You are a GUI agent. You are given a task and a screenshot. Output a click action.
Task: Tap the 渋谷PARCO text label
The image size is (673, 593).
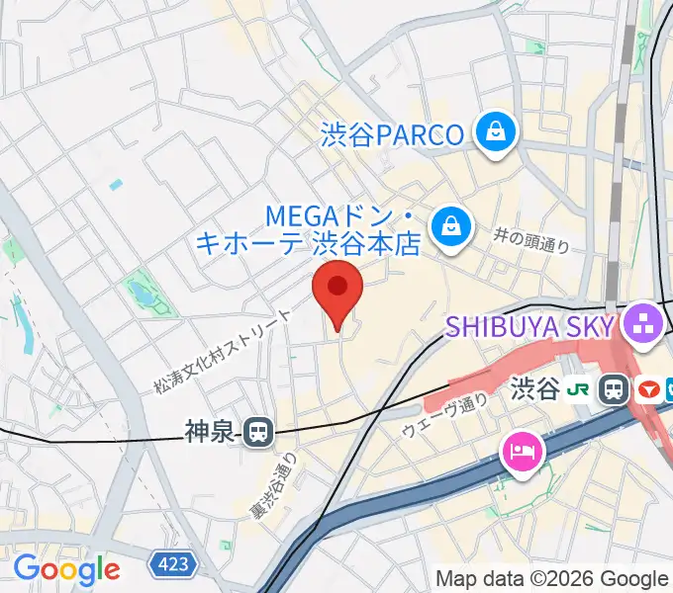point(393,134)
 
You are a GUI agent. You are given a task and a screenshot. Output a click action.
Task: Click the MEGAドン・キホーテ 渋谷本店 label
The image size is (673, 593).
point(309,228)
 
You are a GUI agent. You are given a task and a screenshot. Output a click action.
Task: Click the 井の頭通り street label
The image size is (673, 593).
point(531,238)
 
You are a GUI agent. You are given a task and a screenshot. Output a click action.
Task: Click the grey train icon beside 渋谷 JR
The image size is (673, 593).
point(615,389)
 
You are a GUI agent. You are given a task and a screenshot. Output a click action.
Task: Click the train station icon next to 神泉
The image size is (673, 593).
point(259,431)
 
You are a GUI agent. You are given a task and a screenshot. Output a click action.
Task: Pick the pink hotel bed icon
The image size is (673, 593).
point(523,453)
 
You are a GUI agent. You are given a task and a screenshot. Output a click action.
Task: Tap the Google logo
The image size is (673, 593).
point(66,569)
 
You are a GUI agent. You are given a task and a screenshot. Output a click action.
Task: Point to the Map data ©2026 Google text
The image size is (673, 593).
point(551,578)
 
